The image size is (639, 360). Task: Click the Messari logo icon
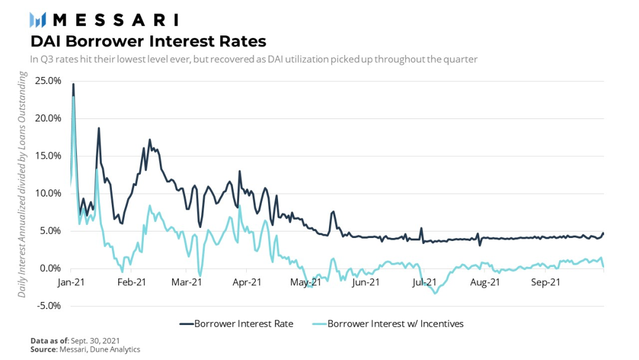click(x=38, y=20)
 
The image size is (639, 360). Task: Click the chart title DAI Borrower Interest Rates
click(x=148, y=41)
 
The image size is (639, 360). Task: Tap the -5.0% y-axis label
click(x=49, y=306)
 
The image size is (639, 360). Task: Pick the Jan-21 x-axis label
click(x=72, y=282)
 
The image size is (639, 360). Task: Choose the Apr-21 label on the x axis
click(x=248, y=282)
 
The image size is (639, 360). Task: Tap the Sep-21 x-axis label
click(x=546, y=282)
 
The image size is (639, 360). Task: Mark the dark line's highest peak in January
click(x=73, y=84)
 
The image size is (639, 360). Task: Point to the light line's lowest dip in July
click(x=436, y=293)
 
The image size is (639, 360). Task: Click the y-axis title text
click(x=22, y=184)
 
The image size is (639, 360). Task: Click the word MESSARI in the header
click(x=115, y=20)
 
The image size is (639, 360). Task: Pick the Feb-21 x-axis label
click(x=132, y=282)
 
